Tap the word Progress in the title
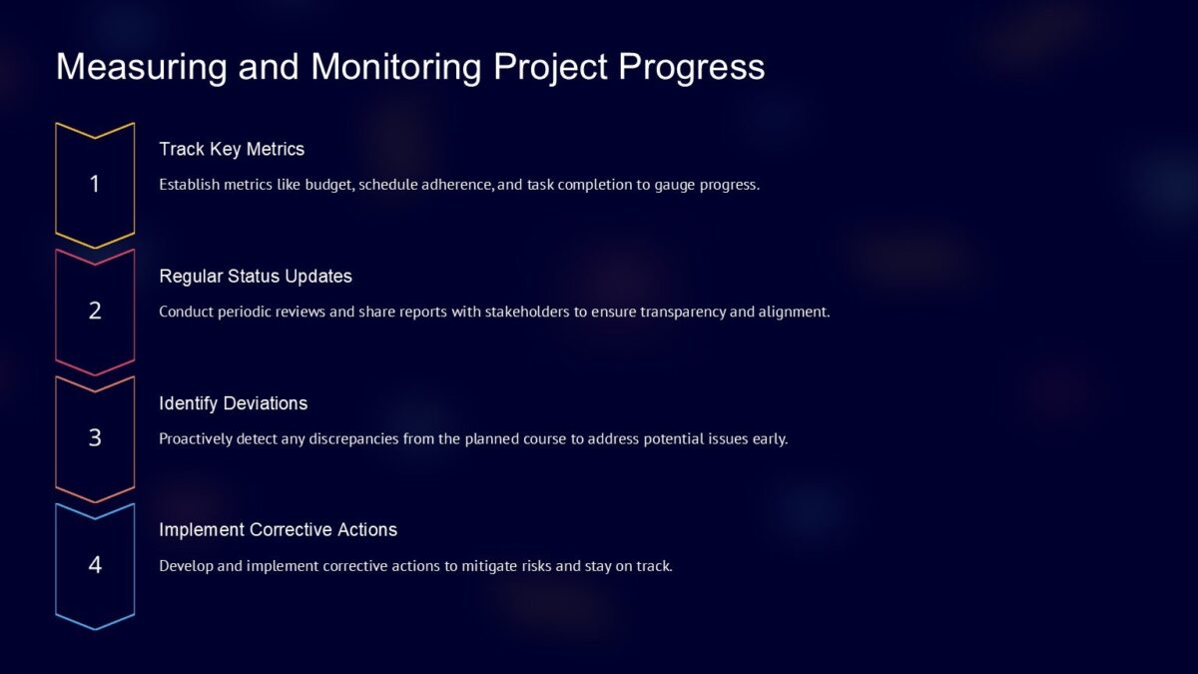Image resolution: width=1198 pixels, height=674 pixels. point(692,67)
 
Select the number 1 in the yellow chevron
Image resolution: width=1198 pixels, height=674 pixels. point(95,184)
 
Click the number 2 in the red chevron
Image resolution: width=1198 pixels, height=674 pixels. point(95,311)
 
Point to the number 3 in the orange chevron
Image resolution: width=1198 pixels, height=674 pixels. point(95,437)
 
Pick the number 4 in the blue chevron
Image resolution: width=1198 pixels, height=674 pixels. point(95,565)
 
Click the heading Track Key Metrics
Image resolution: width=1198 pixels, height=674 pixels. point(232,149)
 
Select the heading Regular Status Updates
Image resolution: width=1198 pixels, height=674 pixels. point(256,276)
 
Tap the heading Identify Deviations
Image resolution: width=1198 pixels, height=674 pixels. point(233,403)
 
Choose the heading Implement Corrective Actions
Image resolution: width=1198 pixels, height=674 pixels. point(278,530)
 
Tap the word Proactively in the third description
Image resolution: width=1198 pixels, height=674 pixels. point(196,438)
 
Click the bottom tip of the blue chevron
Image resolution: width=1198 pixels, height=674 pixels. point(95,629)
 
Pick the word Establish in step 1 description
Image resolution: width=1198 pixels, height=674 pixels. point(187,185)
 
